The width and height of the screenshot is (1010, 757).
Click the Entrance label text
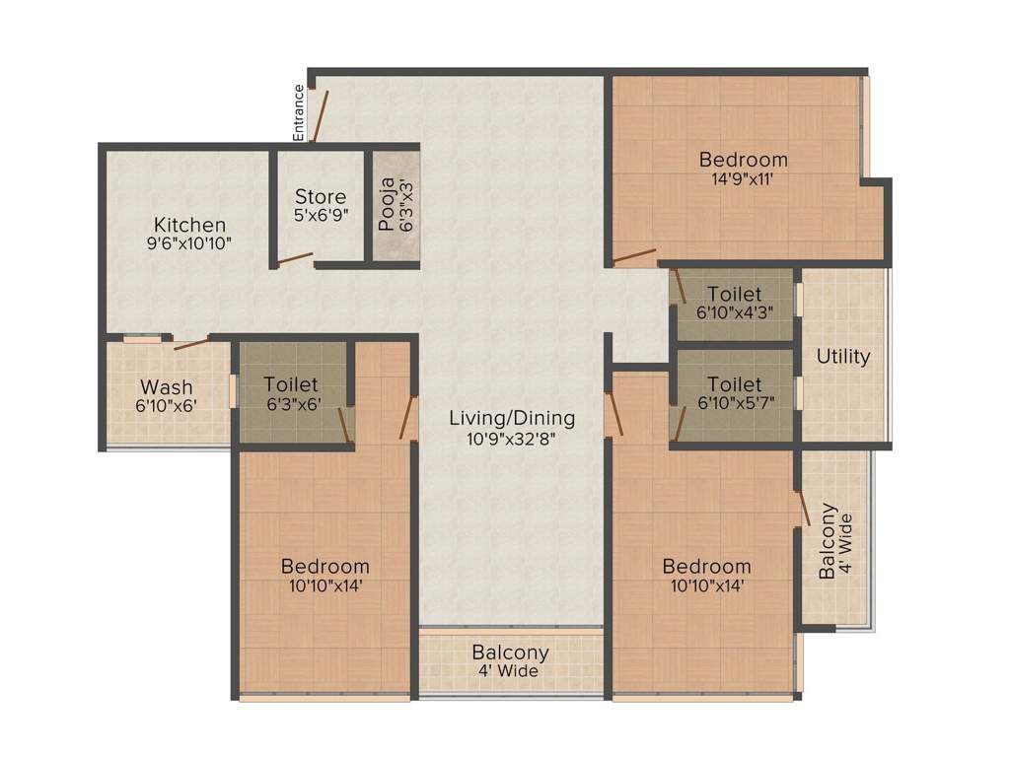(298, 112)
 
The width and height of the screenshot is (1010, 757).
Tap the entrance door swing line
(321, 116)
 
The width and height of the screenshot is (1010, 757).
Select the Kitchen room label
(189, 225)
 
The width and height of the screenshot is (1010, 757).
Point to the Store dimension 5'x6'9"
(321, 215)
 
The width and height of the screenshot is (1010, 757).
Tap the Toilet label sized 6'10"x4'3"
(734, 294)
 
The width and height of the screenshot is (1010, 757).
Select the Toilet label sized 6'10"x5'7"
(734, 384)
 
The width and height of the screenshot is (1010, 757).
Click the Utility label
(843, 356)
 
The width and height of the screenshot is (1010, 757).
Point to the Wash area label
(166, 386)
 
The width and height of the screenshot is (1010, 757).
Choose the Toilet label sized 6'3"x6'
(291, 384)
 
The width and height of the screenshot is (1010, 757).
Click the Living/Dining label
(512, 418)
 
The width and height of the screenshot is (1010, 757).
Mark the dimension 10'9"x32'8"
(512, 439)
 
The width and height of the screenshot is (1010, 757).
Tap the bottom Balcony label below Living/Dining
(510, 653)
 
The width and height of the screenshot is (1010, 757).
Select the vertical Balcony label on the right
(828, 541)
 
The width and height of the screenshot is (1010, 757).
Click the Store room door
(295, 259)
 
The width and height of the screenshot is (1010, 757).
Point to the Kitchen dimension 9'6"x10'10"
(189, 243)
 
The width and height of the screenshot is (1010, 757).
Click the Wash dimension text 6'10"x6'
(166, 406)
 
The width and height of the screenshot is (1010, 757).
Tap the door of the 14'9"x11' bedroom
(634, 256)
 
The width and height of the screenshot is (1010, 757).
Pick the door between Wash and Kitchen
(192, 342)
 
